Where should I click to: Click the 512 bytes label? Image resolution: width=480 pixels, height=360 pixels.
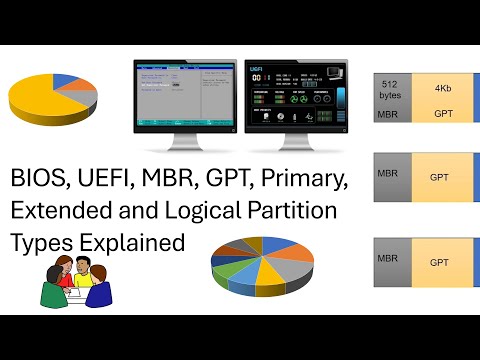coord(389,92)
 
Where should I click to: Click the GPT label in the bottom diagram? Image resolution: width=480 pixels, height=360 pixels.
coord(439,262)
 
